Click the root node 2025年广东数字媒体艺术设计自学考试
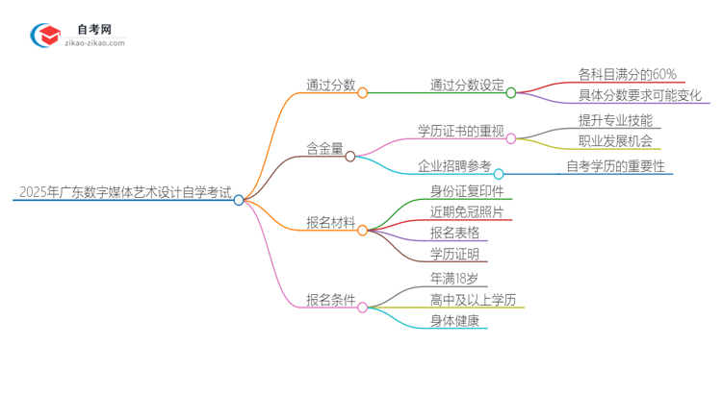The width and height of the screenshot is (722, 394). pos(122,192)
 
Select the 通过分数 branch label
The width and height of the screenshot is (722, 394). pos(330,85)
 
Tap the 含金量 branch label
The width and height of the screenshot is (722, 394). pos(324,148)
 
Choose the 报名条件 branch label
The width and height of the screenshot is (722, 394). pos(330,300)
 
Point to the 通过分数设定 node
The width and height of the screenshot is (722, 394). pos(467,85)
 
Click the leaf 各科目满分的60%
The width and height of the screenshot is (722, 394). pos(627,73)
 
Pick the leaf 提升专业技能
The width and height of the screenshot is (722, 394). pos(615,120)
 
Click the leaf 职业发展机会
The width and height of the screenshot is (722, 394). pos(615,141)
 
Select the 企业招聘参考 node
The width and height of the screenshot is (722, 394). pos(454,166)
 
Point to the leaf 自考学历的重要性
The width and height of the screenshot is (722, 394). pos(616,166)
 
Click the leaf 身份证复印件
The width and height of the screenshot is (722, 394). pos(466,190)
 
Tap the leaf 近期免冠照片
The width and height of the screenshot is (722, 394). pos(466,211)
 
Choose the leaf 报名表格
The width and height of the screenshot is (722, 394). pos(454,233)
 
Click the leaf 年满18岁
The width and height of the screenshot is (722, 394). pos(454,279)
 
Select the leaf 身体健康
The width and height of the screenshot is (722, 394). pos(454,321)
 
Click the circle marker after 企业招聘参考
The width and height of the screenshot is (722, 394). pos(499,174)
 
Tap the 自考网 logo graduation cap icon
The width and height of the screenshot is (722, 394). pos(45,37)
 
